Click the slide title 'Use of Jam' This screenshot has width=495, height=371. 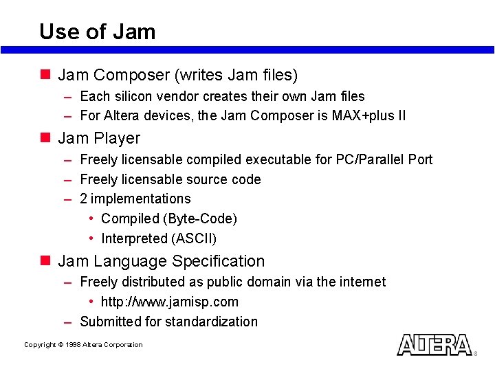(x=98, y=32)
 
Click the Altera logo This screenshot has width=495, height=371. (x=434, y=344)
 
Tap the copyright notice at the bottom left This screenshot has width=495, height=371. (x=83, y=345)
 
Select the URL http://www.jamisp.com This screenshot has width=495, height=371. (x=170, y=302)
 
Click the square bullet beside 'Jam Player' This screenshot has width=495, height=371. (x=45, y=137)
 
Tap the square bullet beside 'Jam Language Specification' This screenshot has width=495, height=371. (x=45, y=260)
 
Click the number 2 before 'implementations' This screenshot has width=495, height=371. (x=84, y=199)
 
